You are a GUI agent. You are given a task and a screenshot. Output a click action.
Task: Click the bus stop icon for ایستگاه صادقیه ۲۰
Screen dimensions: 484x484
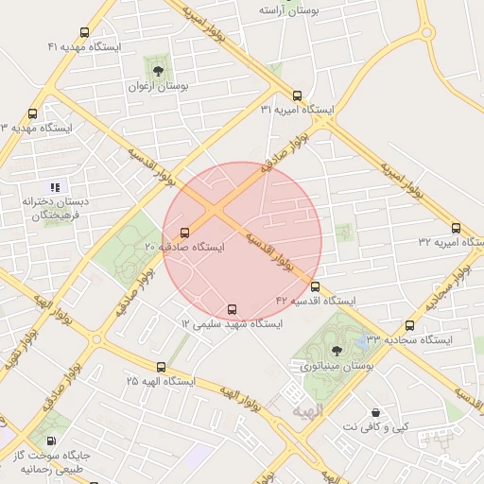pos(184,232)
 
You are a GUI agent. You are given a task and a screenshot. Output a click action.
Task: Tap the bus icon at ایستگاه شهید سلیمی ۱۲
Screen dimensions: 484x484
pos(233,309)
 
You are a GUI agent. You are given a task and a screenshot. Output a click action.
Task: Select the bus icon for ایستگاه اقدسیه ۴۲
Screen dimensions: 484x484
pos(315,286)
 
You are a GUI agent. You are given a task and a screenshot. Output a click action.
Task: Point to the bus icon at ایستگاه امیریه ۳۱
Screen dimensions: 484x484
pos(297,95)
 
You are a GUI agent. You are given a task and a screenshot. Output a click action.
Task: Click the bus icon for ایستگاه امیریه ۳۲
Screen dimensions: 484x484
pos(456,228)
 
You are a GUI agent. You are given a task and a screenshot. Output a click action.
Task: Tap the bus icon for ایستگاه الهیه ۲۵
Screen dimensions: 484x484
pos(160,367)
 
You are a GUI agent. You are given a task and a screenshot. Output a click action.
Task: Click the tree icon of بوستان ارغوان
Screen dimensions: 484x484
pos(157,71)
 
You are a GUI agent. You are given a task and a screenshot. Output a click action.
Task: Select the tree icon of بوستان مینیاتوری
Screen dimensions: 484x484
pos(337,351)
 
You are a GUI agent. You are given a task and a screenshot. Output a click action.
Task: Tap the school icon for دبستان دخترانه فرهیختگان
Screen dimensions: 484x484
pos(55,187)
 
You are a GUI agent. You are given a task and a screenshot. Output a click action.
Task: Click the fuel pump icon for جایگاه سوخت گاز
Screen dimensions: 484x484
pos(50,441)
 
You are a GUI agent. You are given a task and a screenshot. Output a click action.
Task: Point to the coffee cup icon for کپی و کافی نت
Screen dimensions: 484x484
pos(376,413)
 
